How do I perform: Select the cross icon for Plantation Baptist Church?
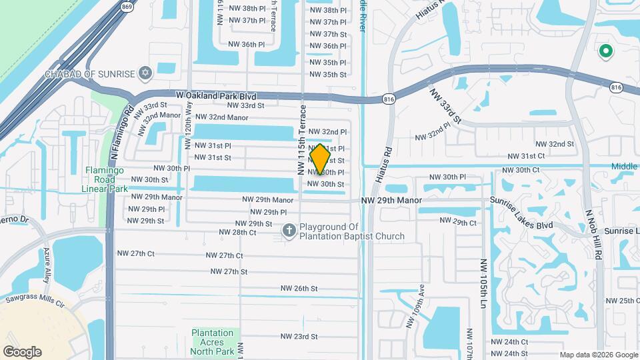coord(289,231)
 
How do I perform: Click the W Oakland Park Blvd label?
coord(217,96)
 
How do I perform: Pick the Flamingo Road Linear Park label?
coord(105,179)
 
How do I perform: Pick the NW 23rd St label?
coord(299,337)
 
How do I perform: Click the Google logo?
coord(22,352)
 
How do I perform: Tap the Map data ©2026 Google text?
coord(597,355)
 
